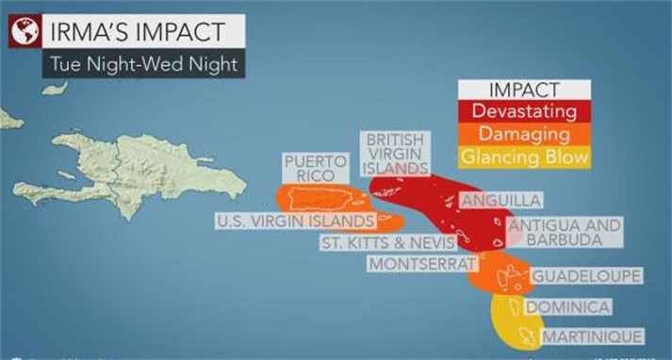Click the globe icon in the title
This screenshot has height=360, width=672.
pos(24,32)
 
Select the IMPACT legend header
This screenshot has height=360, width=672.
pos(523,91)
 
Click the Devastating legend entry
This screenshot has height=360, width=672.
pos(523,113)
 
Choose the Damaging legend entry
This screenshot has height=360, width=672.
pos(523,135)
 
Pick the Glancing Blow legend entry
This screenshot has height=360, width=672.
pos(523,157)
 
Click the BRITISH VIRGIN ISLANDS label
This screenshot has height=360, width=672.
pos(395,153)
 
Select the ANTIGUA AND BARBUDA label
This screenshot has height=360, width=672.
pos(565,233)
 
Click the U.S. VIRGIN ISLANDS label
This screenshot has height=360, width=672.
pos(295,221)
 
